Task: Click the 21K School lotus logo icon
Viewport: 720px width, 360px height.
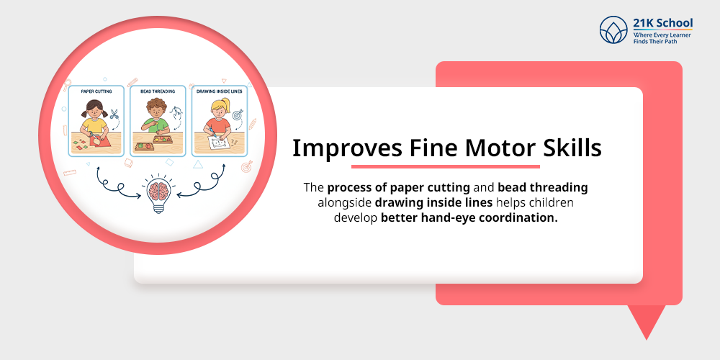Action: coord(613,31)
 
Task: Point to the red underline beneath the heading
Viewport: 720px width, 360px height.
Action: coord(444,166)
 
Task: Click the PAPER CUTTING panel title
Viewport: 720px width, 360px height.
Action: coord(95,91)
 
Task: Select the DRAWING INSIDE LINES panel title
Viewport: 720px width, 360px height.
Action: coord(219,91)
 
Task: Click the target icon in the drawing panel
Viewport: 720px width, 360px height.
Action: coord(238,114)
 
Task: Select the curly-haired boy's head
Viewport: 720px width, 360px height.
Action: coord(154,107)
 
